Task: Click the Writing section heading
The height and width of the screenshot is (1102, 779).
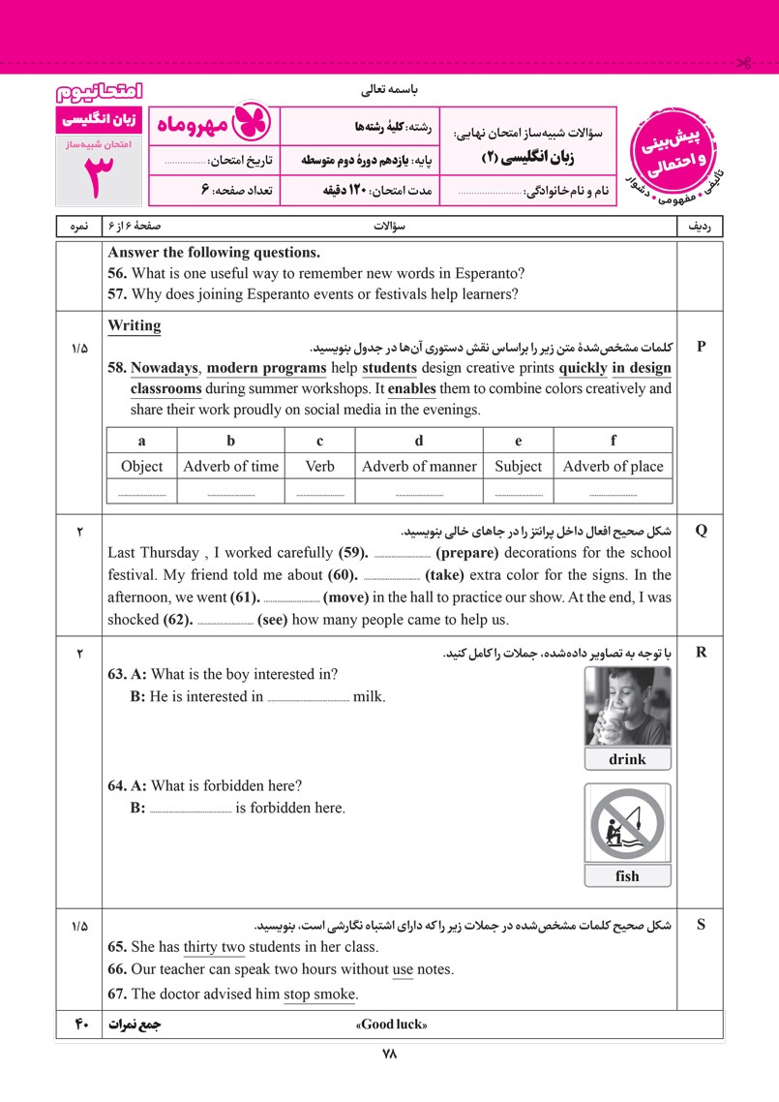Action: coord(135,325)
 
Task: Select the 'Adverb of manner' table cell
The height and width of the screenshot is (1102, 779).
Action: coord(419,466)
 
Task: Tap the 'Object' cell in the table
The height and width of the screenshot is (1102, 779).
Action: coord(141,466)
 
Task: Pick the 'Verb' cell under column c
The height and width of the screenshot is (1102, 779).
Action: coord(319,466)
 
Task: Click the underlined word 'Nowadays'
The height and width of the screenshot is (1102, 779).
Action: coord(165,368)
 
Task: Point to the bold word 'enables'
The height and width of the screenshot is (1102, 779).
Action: coord(411,388)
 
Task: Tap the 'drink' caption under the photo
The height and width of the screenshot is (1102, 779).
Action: coord(627,759)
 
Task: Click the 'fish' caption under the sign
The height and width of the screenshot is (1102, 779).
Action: coord(627,876)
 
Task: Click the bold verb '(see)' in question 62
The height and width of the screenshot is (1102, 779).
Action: coord(273,620)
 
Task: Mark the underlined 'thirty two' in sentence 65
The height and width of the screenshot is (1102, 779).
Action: coord(214,947)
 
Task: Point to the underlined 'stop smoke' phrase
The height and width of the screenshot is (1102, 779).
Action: coord(320,994)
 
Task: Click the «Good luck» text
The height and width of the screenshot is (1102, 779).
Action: coord(392,1025)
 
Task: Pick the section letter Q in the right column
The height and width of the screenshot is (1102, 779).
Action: coord(702,530)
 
